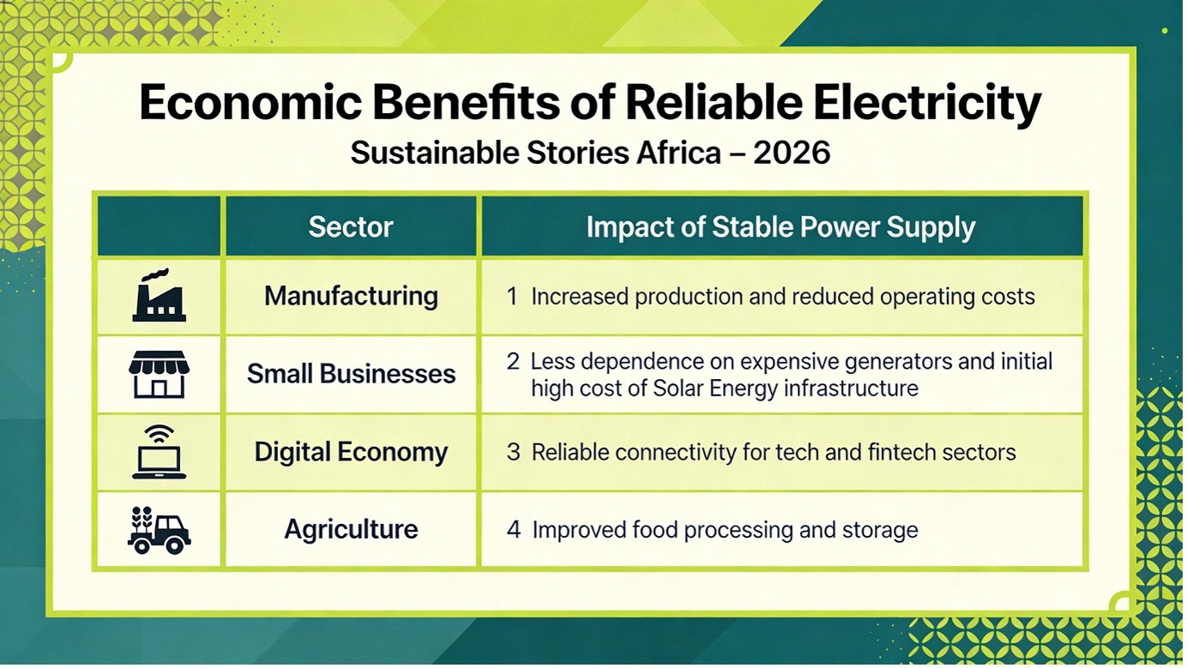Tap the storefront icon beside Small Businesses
[159, 374]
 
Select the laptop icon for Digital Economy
[159, 452]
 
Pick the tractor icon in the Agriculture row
[159, 530]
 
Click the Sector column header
[351, 226]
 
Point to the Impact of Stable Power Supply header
[780, 227]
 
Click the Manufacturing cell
[352, 296]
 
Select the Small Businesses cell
[352, 374]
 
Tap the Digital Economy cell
[352, 453]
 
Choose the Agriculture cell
[352, 530]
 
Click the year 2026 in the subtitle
[792, 153]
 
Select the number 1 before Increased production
[512, 297]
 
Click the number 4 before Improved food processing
[514, 530]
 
